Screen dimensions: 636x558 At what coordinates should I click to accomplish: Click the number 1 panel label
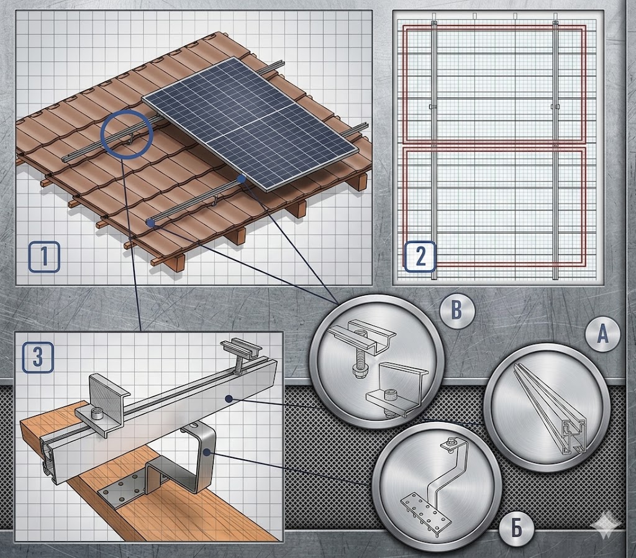(44, 257)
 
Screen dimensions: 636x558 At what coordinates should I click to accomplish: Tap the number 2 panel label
(420, 257)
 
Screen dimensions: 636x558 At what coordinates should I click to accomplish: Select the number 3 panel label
(38, 357)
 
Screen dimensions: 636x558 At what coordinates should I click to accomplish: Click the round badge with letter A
(602, 335)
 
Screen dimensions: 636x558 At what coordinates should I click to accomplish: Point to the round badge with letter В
(457, 311)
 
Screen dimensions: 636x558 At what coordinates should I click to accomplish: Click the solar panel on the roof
(251, 123)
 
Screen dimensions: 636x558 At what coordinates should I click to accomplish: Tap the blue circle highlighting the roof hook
(127, 133)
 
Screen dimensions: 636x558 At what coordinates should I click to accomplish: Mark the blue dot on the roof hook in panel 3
(207, 451)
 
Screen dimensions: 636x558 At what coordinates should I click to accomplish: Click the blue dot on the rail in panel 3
(229, 399)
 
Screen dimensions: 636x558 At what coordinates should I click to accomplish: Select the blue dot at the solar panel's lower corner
(242, 178)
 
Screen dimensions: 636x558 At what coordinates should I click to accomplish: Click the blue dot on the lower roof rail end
(150, 222)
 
